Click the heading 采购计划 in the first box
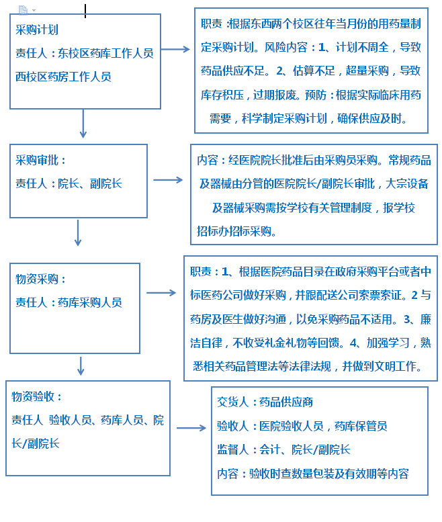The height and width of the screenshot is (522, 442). point(37,30)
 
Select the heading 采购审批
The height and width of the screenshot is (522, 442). point(37,161)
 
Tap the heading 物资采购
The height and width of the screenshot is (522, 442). point(37,279)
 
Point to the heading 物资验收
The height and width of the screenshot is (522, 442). point(33,396)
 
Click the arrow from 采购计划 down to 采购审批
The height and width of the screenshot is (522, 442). point(83,124)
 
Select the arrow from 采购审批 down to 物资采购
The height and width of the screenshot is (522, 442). point(78,232)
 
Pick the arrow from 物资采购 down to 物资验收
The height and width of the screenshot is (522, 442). point(81,366)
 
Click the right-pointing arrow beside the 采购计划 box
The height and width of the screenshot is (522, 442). point(175,49)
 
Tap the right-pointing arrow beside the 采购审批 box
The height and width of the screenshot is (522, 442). point(168,180)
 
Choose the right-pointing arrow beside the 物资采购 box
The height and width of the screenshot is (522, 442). point(161,293)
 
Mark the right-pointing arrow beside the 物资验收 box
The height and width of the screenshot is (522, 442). point(191,428)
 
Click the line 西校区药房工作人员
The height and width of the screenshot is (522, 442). point(63,77)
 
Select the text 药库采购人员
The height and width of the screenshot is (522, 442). point(90,302)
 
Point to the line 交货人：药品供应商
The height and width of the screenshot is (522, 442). point(265,402)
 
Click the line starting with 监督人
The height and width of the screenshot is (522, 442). point(283,449)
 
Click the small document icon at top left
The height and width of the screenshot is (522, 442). point(23,10)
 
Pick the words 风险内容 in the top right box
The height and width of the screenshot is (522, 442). point(285,47)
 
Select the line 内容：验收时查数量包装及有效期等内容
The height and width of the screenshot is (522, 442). point(313,474)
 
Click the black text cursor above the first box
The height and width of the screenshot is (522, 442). point(85,11)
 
